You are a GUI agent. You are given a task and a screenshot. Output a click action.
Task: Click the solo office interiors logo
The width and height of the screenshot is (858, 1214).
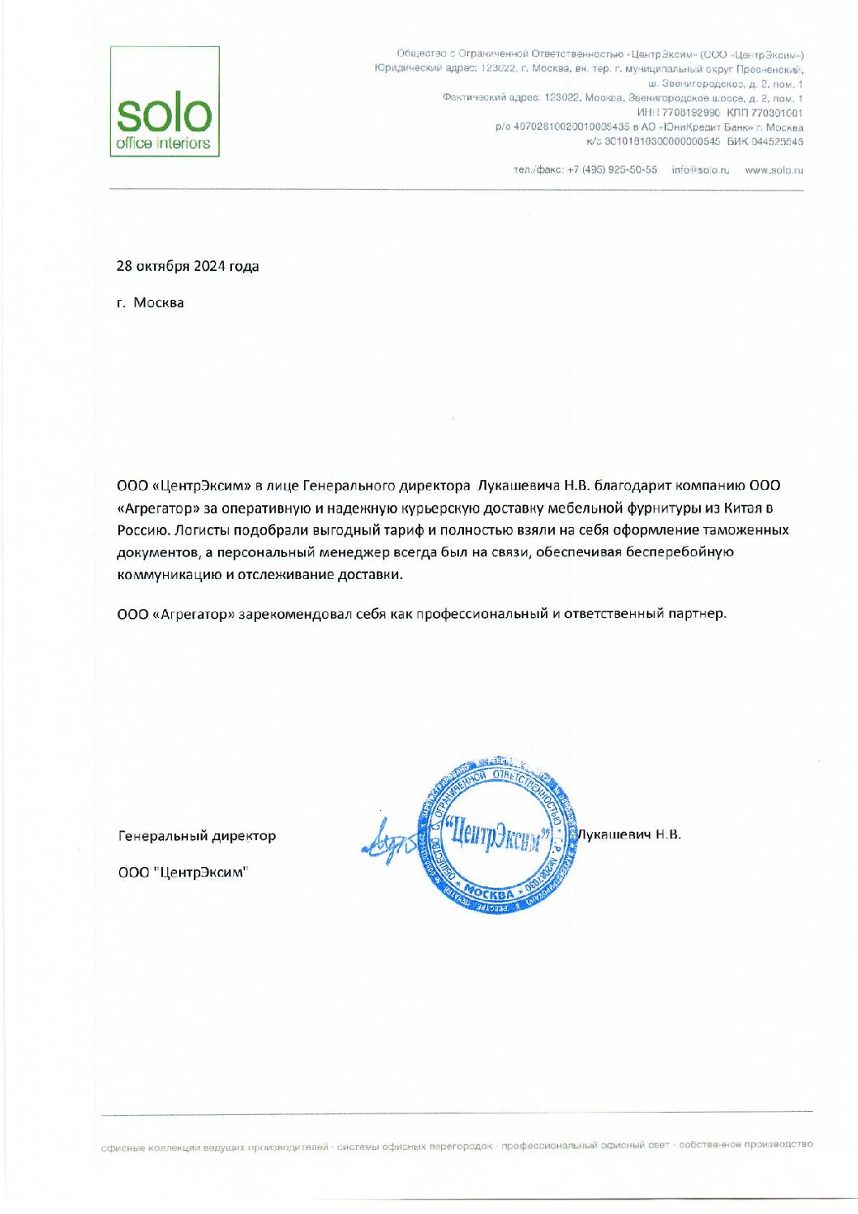pyautogui.click(x=165, y=101)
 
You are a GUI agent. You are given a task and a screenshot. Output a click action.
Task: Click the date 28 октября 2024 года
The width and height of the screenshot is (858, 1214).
pyautogui.click(x=187, y=266)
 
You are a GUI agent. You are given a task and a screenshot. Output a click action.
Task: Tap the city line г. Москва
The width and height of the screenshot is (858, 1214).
pyautogui.click(x=150, y=302)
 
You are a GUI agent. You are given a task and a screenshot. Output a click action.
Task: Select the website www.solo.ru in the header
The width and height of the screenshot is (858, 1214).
pyautogui.click(x=774, y=170)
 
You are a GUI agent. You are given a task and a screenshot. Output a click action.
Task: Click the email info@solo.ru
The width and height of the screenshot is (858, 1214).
pyautogui.click(x=701, y=170)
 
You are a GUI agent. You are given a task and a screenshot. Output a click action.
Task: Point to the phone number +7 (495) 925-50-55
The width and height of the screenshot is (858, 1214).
pyautogui.click(x=612, y=170)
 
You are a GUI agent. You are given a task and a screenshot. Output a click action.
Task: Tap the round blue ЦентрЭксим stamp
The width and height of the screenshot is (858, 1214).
pyautogui.click(x=496, y=836)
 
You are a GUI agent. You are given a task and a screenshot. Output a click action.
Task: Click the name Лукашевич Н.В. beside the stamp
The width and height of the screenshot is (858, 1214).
pyautogui.click(x=629, y=834)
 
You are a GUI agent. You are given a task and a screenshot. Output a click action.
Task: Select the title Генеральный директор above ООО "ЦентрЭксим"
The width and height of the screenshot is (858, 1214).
pyautogui.click(x=197, y=835)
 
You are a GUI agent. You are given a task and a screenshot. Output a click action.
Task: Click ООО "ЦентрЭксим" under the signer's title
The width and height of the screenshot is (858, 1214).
pyautogui.click(x=183, y=873)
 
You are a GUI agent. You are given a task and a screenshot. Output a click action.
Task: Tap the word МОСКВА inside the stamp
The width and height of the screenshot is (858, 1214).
pyautogui.click(x=490, y=894)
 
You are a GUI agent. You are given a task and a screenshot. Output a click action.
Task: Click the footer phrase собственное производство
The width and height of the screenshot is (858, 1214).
pyautogui.click(x=745, y=1144)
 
